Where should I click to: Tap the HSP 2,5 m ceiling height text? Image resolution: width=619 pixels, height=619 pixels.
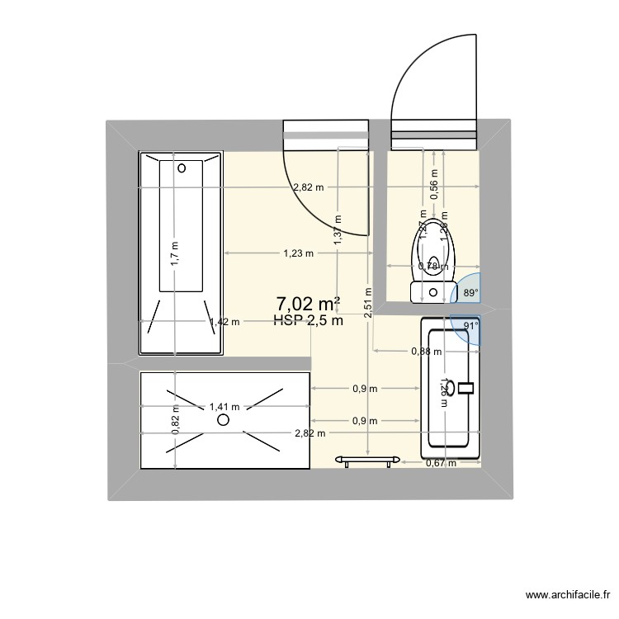point(308,321)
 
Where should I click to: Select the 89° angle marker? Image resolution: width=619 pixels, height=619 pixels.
point(469,292)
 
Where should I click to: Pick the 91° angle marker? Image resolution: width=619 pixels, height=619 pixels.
point(469,326)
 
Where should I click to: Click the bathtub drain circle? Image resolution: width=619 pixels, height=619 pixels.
point(183,168)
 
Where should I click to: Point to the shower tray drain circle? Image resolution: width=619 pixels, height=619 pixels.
point(223,420)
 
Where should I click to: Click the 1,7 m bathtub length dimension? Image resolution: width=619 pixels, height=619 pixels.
point(174,251)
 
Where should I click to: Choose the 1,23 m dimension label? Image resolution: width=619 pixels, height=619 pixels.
point(298,253)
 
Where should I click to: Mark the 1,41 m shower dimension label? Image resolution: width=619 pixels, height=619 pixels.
point(224,406)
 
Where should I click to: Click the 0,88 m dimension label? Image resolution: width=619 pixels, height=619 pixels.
point(426,352)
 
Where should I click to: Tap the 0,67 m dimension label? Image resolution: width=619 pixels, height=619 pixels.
point(441,463)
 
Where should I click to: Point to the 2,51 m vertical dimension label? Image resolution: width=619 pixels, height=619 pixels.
point(367,306)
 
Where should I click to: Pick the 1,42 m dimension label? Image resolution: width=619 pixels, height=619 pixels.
point(224,322)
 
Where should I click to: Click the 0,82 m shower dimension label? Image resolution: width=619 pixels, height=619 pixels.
point(175,421)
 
